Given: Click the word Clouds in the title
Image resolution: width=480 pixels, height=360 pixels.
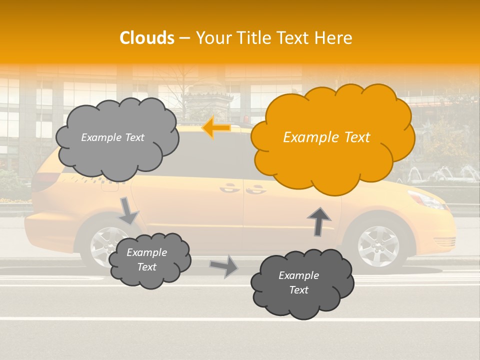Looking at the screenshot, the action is coord(147,38).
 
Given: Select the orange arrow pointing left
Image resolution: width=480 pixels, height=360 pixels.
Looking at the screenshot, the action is coord(216,128).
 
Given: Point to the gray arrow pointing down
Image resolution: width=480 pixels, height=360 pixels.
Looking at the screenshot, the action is coord(128,211).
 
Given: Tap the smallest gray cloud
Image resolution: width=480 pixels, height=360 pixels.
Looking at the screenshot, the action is coord(149,260).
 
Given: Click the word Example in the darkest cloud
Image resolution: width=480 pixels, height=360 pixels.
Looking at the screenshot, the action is coord(298,275).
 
